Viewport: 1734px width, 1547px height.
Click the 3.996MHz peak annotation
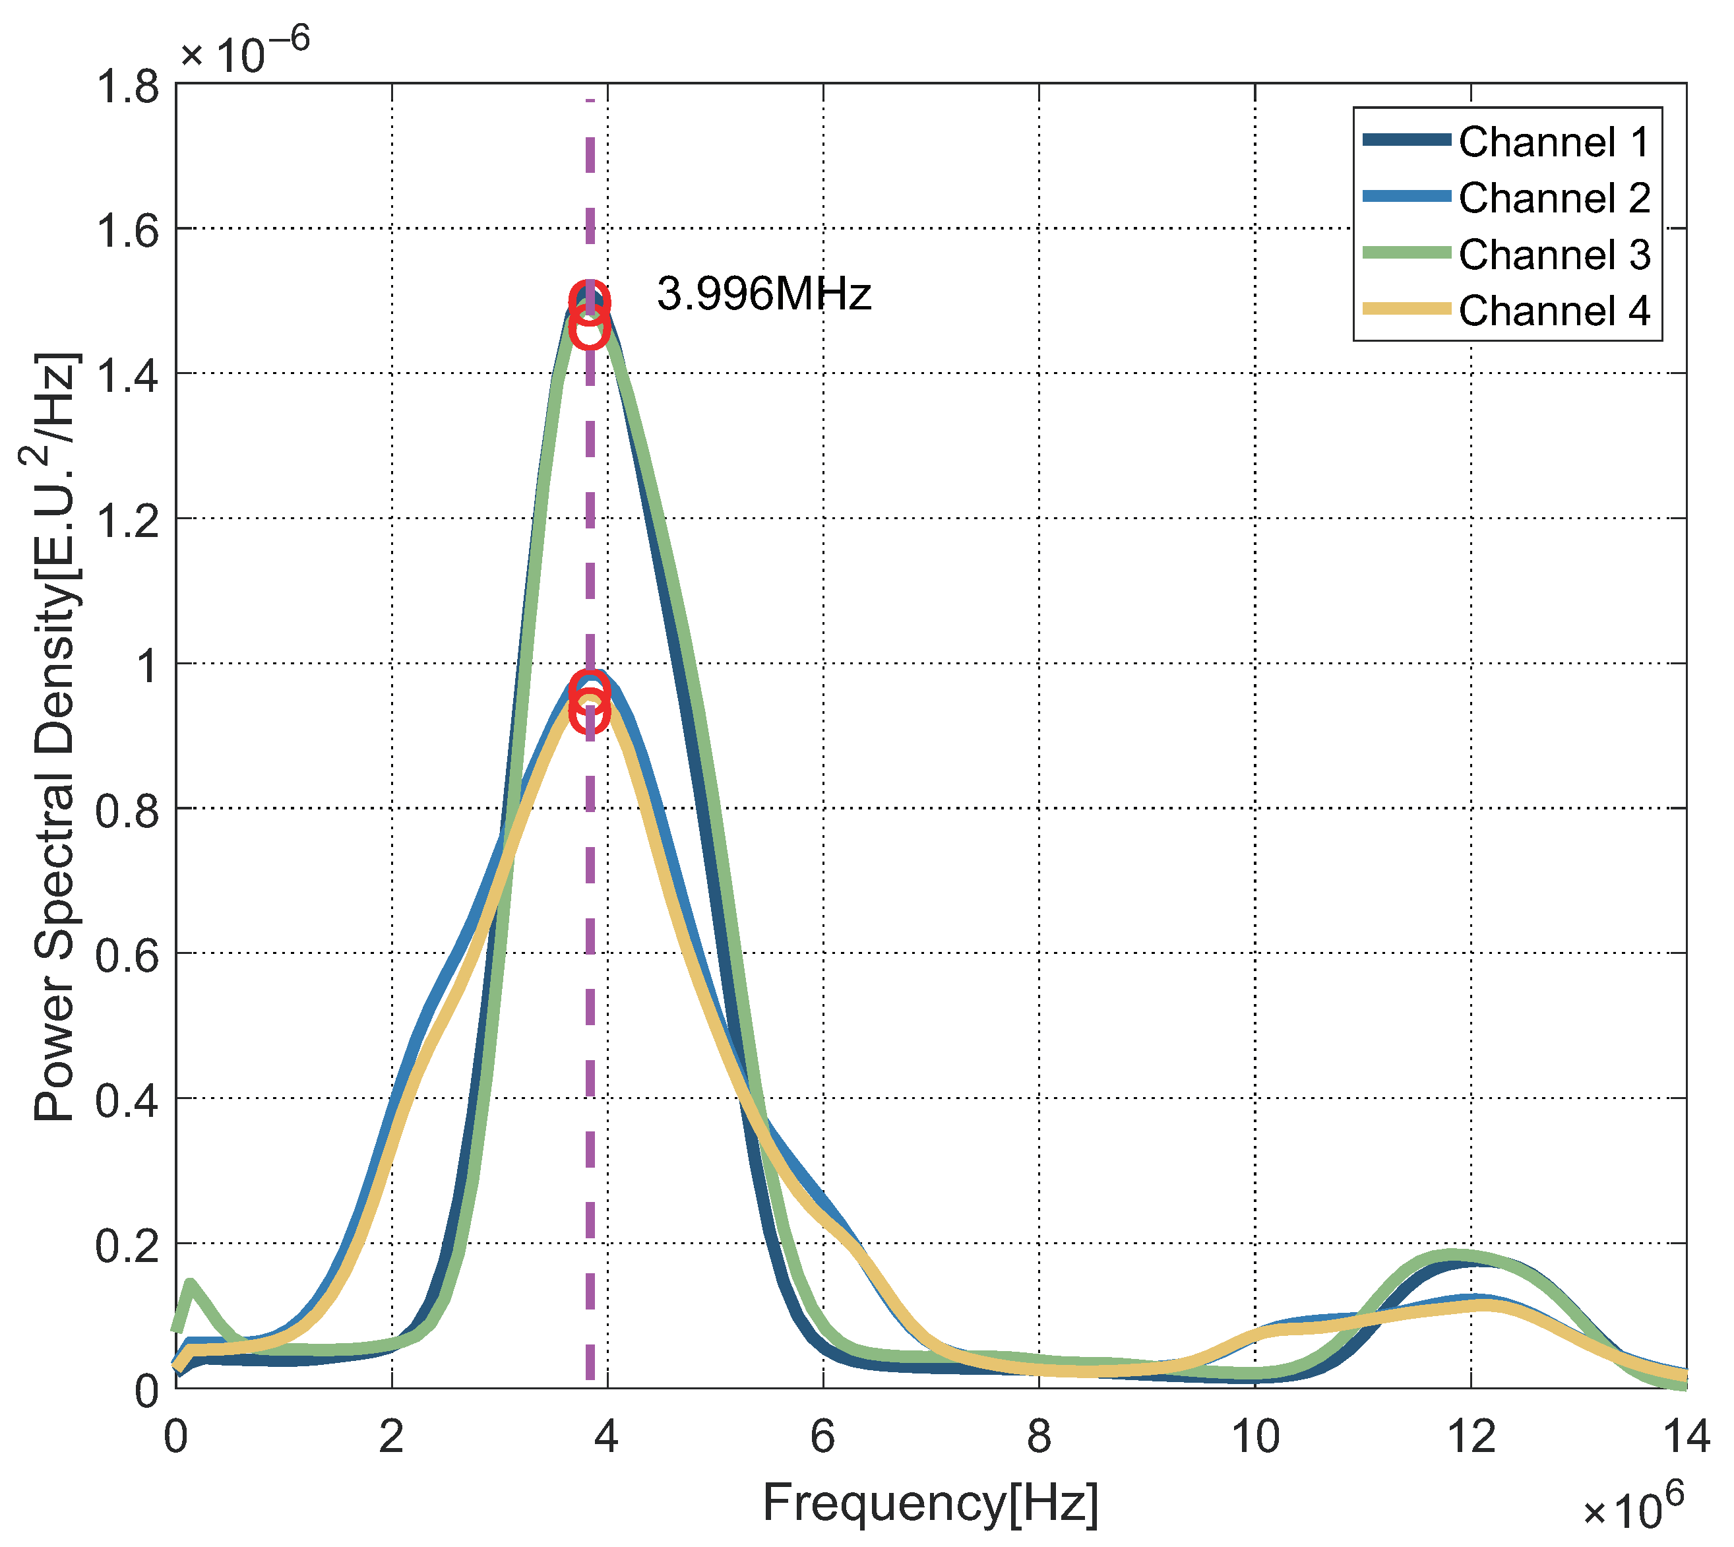763,294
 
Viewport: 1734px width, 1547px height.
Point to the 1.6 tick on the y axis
127,230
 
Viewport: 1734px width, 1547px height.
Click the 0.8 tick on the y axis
127,811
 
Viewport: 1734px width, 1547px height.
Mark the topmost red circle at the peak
589,300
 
